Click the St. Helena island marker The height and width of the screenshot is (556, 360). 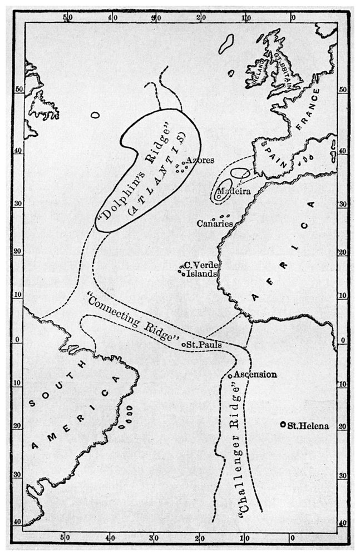pos(283,425)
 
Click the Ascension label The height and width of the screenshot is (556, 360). pos(255,374)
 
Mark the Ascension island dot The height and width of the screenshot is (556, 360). pos(230,376)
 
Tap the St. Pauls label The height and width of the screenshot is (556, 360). pos(204,345)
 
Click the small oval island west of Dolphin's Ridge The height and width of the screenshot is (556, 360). pos(96,116)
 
